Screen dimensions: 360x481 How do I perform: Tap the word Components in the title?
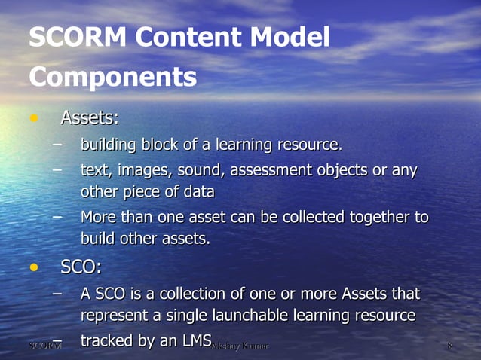pyautogui.click(x=112, y=77)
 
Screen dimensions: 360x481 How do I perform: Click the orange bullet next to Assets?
pyautogui.click(x=32, y=119)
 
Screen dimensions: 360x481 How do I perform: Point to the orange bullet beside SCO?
pyautogui.click(x=32, y=267)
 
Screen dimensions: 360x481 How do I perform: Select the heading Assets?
pyautogui.click(x=89, y=118)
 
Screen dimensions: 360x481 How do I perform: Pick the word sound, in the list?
pyautogui.click(x=202, y=170)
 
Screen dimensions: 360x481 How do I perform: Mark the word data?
pyautogui.click(x=198, y=192)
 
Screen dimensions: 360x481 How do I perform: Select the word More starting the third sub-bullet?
pyautogui.click(x=99, y=218)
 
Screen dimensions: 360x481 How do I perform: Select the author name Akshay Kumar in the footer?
pyautogui.click(x=240, y=346)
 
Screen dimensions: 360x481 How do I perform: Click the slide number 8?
pyautogui.click(x=449, y=346)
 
